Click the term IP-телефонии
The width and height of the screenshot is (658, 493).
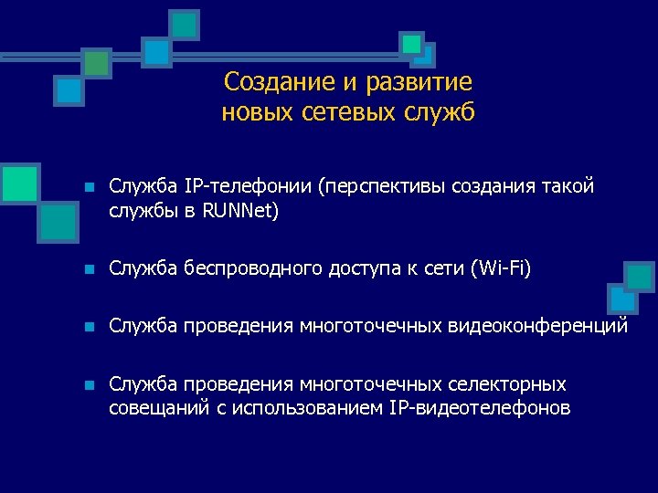[x=248, y=187]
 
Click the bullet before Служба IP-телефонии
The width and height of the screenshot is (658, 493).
[x=88, y=188]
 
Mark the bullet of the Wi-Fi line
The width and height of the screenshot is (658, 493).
[x=88, y=269]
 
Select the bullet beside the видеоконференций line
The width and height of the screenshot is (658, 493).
[x=88, y=327]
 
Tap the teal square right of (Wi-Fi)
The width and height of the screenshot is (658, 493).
[x=639, y=276]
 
